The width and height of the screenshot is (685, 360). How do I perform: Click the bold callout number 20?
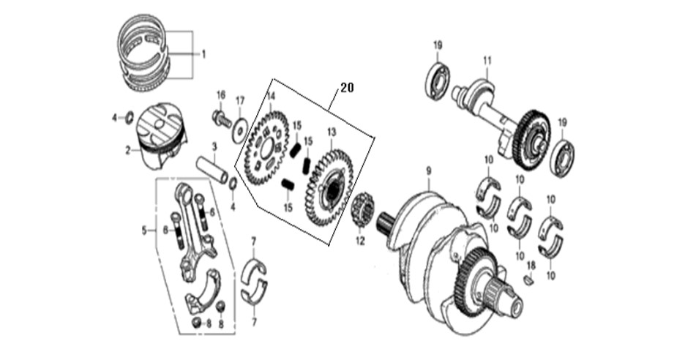click(x=347, y=88)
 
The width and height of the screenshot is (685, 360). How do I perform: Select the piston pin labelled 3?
click(x=212, y=170)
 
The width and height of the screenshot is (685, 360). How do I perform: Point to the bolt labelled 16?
click(x=222, y=118)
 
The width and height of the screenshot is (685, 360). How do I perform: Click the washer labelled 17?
click(x=239, y=130)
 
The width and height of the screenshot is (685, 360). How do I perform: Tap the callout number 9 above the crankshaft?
click(x=429, y=170)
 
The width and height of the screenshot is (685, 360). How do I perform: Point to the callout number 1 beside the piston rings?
click(x=203, y=55)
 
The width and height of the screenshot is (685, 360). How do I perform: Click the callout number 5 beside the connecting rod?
click(x=144, y=230)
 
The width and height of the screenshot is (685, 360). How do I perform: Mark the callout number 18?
click(x=531, y=265)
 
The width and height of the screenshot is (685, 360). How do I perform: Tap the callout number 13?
click(x=332, y=132)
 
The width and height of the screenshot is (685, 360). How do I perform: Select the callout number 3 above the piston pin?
click(x=214, y=146)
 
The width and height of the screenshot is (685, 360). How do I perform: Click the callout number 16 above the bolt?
click(x=220, y=95)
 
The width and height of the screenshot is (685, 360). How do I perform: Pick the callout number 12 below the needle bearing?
click(x=360, y=241)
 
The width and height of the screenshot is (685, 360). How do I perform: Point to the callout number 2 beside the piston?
click(x=128, y=151)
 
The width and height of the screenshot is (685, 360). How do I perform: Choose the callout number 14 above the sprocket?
click(x=271, y=96)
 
